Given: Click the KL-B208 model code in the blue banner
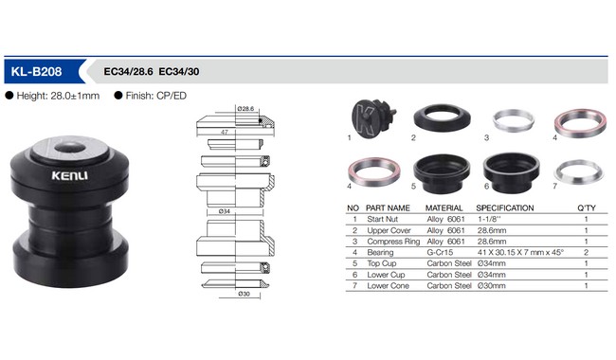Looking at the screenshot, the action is click(36, 71).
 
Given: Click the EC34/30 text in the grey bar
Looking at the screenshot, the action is click(179, 71).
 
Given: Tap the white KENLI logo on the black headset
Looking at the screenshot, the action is click(69, 175).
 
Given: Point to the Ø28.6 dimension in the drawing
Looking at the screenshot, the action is click(245, 108).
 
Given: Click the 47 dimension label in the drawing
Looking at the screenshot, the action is click(225, 132).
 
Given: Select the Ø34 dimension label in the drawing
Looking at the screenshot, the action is click(225, 211).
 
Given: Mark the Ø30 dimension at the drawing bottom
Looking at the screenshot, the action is click(244, 294).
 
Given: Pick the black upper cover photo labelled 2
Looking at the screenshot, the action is click(442, 117).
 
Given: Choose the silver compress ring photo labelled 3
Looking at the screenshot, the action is click(514, 120).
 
